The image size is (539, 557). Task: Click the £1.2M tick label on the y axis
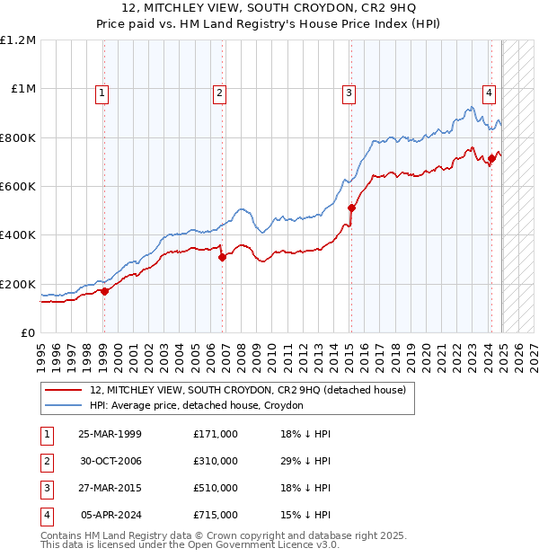(x=18, y=40)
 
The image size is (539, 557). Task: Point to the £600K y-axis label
(x=18, y=187)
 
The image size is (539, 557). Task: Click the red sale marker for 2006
(x=222, y=257)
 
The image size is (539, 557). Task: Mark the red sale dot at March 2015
(x=351, y=208)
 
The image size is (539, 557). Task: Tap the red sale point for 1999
(x=104, y=291)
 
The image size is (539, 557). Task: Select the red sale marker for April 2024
(x=491, y=158)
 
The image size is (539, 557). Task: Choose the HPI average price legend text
(x=197, y=405)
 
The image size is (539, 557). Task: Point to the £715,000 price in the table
(x=216, y=515)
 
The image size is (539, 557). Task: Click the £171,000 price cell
(x=216, y=434)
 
